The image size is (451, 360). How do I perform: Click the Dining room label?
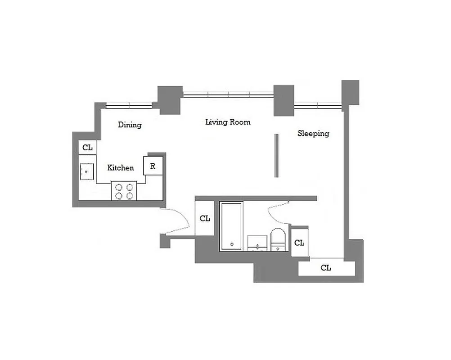click(x=130, y=125)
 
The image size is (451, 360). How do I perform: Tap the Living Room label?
click(x=228, y=122)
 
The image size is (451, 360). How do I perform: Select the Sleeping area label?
click(x=313, y=133)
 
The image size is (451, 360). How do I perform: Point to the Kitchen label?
click(x=121, y=168)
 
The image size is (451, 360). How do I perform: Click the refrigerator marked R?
click(x=153, y=166)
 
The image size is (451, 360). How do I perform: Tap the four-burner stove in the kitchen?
click(x=124, y=191)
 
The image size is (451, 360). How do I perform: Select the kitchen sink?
click(x=87, y=171)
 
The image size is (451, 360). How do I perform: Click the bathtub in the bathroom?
click(x=231, y=226)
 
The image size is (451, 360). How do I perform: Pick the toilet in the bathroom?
click(x=278, y=239)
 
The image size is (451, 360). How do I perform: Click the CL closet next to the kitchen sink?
click(x=87, y=147)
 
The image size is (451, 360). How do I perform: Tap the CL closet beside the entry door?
click(x=205, y=218)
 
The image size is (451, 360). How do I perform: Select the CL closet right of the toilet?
click(x=299, y=243)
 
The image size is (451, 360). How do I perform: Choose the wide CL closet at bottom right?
click(x=326, y=268)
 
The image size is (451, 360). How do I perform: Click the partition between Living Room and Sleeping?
click(x=277, y=156)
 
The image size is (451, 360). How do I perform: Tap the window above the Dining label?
click(x=129, y=106)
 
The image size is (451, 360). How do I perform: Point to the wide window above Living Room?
click(x=228, y=94)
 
